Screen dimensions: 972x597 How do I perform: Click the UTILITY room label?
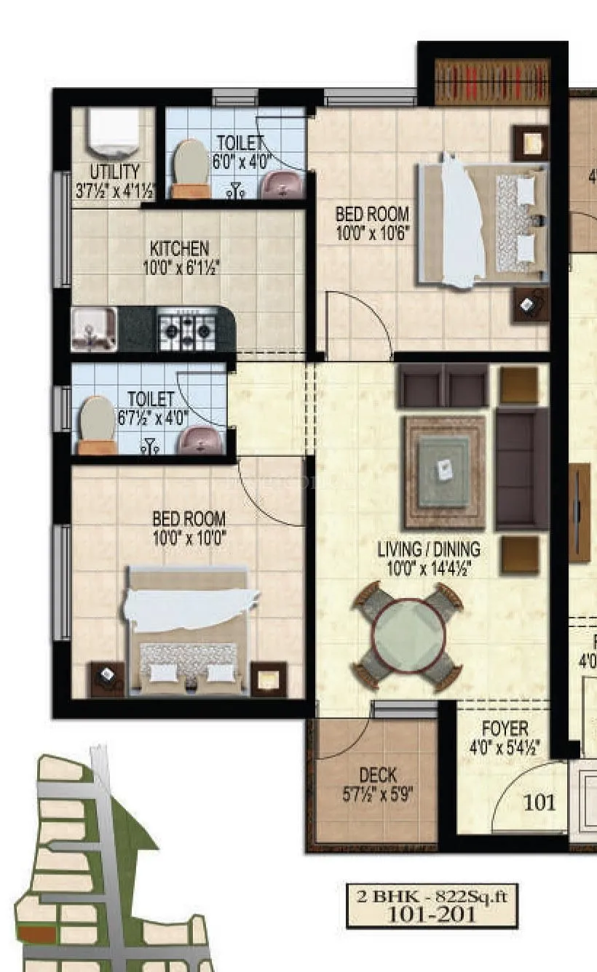114,172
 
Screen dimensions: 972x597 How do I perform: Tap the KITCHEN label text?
179,250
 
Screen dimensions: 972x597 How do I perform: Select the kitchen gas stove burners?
187,330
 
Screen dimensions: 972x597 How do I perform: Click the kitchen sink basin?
93,329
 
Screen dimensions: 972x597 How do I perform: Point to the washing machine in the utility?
113,132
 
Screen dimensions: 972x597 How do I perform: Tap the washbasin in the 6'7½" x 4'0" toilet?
201,439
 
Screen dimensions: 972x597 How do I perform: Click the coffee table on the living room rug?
445,470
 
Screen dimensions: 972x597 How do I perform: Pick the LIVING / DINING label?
429,549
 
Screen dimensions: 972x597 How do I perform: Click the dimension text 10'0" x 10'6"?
372,233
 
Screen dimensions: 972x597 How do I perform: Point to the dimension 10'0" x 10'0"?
189,538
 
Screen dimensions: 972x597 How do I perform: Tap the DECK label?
378,776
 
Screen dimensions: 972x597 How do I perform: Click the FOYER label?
505,728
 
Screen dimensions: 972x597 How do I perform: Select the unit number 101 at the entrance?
539,802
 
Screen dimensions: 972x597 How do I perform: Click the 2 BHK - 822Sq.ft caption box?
432,905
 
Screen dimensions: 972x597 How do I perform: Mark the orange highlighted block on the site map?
36,934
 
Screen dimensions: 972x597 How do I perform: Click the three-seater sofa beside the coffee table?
521,469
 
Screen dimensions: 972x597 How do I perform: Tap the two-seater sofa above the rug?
443,386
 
